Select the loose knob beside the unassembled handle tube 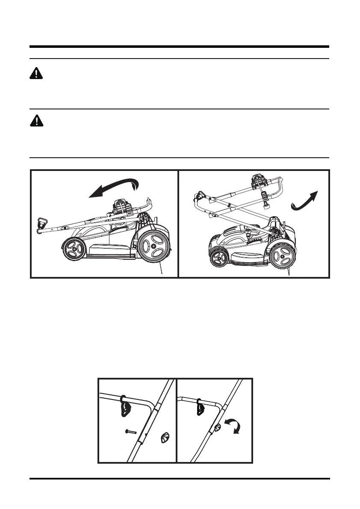point(164,438)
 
